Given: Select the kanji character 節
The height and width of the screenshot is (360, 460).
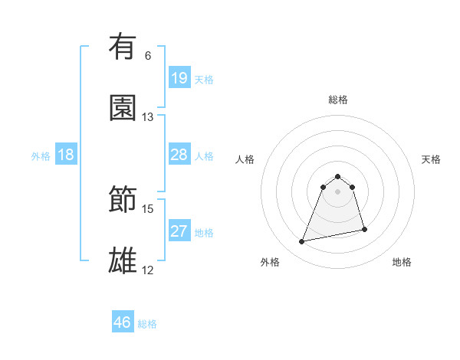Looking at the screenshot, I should (123, 200).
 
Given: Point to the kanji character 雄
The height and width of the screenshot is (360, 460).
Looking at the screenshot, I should (123, 261).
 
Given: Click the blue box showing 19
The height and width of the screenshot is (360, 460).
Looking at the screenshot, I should (179, 78).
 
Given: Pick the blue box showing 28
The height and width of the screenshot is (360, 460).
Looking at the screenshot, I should (179, 155).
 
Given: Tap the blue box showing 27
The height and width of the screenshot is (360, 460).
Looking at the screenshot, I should (179, 231).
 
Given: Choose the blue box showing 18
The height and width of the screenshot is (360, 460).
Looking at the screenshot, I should (66, 155).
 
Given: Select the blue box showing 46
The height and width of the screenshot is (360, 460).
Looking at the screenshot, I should (123, 322).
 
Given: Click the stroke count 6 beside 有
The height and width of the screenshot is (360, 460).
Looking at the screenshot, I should (148, 56).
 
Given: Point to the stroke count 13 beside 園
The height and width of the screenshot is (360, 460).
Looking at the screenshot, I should (148, 117).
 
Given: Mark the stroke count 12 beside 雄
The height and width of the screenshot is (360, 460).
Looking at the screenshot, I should (148, 270).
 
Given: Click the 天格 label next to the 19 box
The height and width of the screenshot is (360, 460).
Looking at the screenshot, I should (204, 80).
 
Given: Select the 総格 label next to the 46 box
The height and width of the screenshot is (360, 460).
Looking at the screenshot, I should (147, 324).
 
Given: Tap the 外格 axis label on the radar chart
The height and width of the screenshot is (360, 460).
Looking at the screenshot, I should (270, 262).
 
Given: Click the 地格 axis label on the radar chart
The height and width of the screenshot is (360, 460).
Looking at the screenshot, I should (402, 262).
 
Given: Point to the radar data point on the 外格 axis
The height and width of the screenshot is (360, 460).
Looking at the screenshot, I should (302, 242).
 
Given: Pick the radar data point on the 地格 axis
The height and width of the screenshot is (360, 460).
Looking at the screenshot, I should (364, 230).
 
